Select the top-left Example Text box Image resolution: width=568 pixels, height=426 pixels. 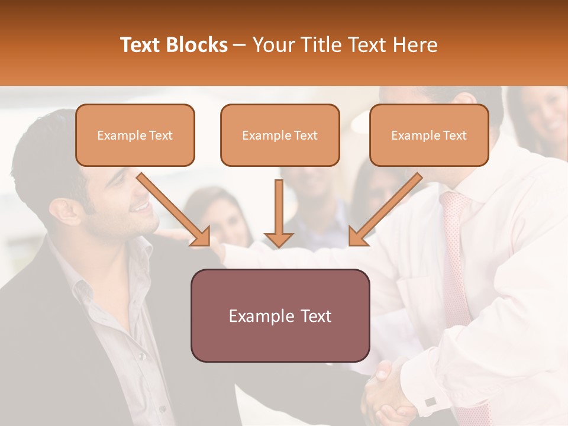point(135,135)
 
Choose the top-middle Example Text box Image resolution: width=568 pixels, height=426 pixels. point(280,135)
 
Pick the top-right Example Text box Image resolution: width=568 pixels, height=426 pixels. point(429,135)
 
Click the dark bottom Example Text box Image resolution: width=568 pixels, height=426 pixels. point(280,315)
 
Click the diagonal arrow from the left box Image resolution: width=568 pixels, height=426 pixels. point(174,210)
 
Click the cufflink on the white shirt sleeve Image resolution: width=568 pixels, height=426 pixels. point(431,402)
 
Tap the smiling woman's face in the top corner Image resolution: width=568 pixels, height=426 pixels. point(550,115)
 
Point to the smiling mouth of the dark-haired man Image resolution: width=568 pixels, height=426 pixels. point(141,206)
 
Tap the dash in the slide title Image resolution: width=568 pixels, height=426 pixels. point(240,45)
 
